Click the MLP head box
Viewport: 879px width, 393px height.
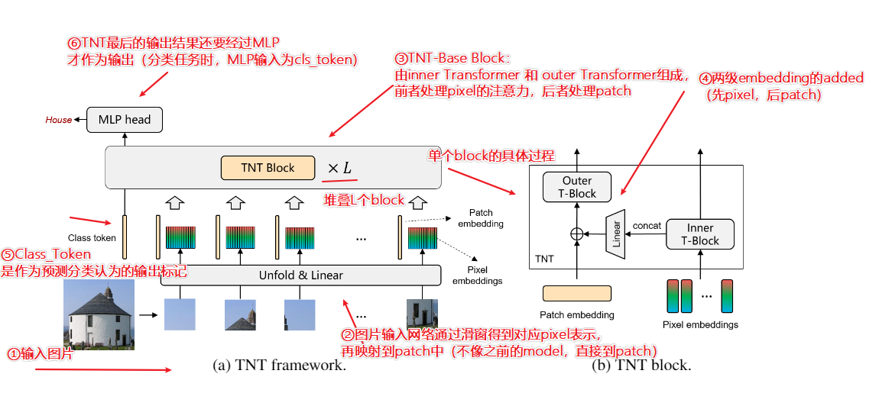(x=125, y=119)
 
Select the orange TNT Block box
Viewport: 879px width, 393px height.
(x=268, y=168)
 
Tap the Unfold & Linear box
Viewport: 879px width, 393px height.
(x=300, y=275)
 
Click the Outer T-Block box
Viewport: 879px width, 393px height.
(x=577, y=187)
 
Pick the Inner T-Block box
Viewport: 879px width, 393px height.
(x=699, y=234)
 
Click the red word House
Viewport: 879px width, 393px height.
(x=58, y=120)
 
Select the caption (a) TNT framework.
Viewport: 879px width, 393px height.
(x=279, y=366)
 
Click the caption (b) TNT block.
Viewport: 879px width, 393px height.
(x=641, y=366)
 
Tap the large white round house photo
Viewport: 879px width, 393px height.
(x=99, y=314)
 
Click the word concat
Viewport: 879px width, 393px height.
(x=647, y=226)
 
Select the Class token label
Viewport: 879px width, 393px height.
(x=92, y=238)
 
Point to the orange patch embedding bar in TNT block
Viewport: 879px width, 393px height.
(x=576, y=294)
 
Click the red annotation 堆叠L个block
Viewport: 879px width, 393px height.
(x=364, y=200)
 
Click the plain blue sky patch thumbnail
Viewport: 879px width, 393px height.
(x=180, y=314)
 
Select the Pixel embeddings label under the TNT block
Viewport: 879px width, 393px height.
(x=699, y=324)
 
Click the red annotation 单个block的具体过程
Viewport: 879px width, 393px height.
(x=490, y=156)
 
